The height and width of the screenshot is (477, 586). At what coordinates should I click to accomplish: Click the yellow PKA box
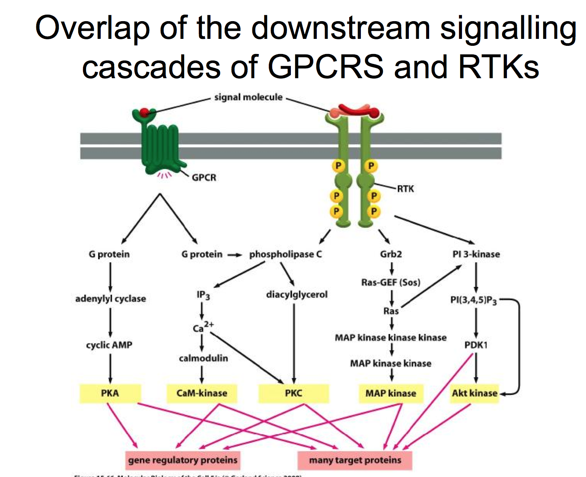pyautogui.click(x=110, y=393)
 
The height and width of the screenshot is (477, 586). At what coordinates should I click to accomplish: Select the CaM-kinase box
pyautogui.click(x=202, y=393)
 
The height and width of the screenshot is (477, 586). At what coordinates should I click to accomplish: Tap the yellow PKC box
pyautogui.click(x=293, y=393)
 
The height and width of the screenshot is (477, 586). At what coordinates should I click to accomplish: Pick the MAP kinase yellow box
pyautogui.click(x=391, y=393)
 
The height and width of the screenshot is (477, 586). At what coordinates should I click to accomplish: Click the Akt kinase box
pyautogui.click(x=475, y=393)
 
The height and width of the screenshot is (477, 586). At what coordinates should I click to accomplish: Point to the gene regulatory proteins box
pyautogui.click(x=183, y=460)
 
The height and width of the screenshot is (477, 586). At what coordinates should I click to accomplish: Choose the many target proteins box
pyautogui.click(x=355, y=460)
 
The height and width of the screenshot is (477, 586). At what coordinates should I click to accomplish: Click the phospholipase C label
pyautogui.click(x=286, y=254)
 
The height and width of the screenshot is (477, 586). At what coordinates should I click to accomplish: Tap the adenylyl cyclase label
pyautogui.click(x=111, y=299)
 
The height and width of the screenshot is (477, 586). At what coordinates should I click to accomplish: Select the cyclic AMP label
pyautogui.click(x=109, y=345)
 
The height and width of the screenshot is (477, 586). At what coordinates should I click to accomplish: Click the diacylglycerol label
pyautogui.click(x=297, y=295)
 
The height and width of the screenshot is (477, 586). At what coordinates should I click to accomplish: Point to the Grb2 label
pyautogui.click(x=391, y=254)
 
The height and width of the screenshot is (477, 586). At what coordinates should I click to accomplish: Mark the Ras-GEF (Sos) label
pyautogui.click(x=391, y=283)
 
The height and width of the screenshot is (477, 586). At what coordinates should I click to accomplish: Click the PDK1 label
pyautogui.click(x=476, y=345)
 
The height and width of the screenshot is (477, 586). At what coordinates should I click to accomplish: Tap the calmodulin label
pyautogui.click(x=204, y=358)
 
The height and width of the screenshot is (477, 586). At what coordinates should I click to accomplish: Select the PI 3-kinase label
pyautogui.click(x=476, y=254)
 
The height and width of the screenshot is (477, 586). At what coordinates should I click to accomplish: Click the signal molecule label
pyautogui.click(x=248, y=97)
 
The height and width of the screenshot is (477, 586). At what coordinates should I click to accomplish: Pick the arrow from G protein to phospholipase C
pyautogui.click(x=235, y=254)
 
